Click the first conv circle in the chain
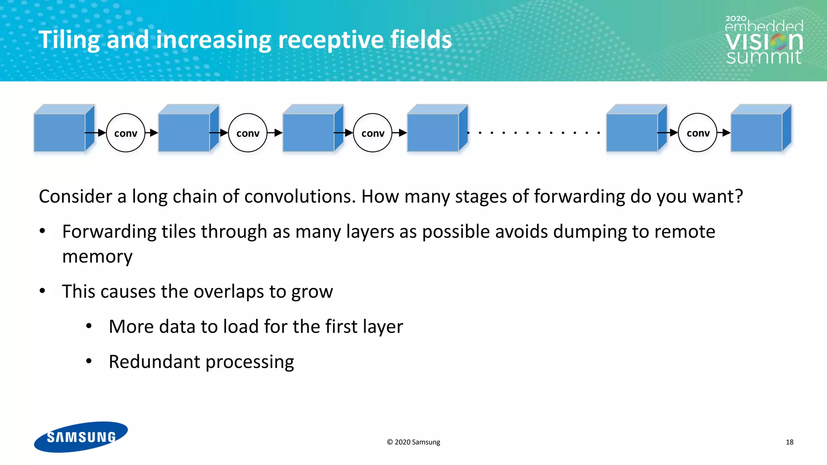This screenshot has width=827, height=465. pos(126,133)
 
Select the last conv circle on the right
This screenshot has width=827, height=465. pos(697,133)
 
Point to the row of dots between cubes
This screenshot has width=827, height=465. pos(533,133)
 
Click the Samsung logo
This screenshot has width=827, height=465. pos(81,437)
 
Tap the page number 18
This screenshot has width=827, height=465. pos(789,442)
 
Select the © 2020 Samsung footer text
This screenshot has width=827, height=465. pos(413,442)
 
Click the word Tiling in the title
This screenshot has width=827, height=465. pos(69,40)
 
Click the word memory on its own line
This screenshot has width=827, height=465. pos(97,257)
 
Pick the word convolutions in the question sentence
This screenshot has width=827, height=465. pos(300,197)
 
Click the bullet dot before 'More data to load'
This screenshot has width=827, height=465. pos(89,326)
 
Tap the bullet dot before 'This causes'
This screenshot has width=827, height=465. pos(42,291)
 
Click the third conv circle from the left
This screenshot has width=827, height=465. pos(372,133)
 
